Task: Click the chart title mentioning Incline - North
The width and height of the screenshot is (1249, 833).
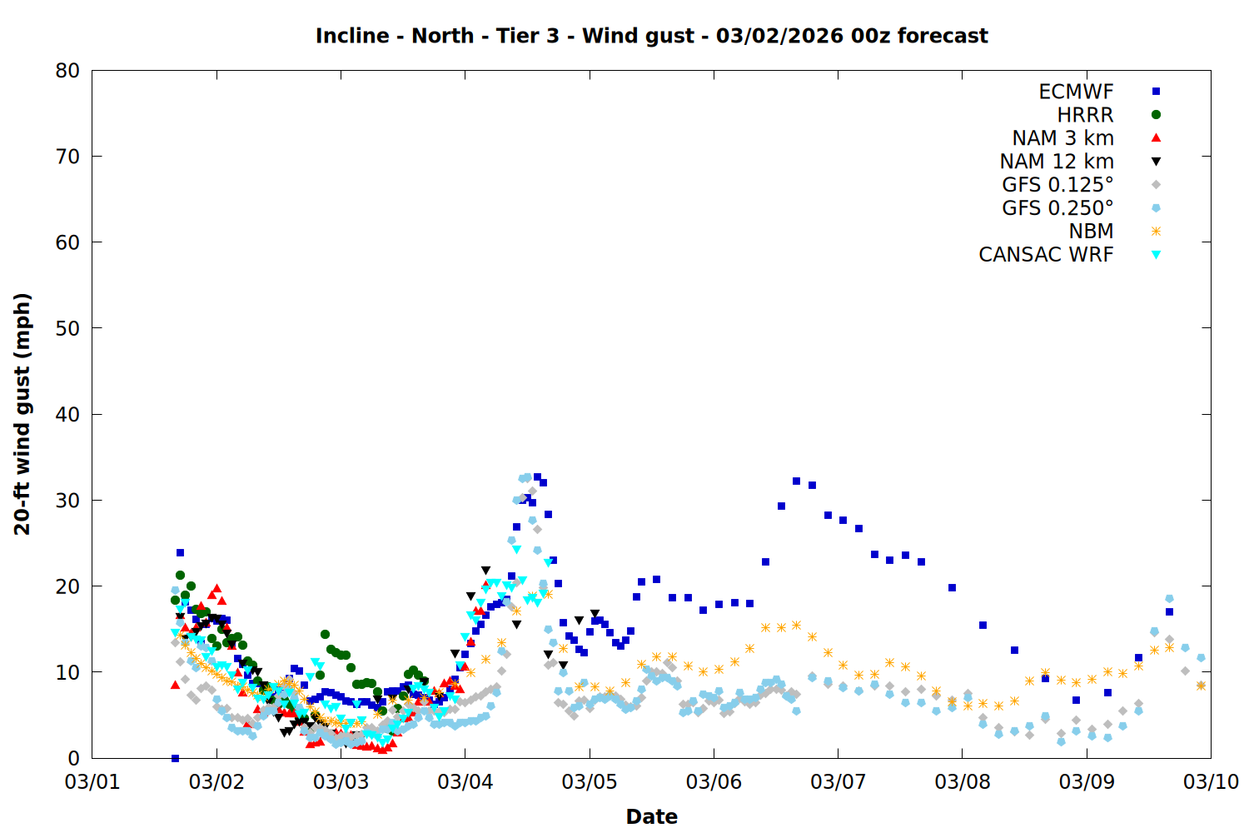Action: pos(651,36)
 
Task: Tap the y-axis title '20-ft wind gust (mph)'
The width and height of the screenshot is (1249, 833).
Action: pos(22,414)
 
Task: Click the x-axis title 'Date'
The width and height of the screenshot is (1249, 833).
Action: pos(651,816)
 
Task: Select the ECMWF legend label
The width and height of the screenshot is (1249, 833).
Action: pos(1076,92)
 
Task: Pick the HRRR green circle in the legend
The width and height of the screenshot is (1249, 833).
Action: pos(1156,115)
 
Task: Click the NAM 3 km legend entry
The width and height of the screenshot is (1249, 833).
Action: pos(1062,138)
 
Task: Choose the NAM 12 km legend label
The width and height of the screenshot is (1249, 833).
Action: pos(1057,162)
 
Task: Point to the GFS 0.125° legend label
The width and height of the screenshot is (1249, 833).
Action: pos(1057,185)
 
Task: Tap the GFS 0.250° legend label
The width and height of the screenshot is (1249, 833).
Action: pos(1057,208)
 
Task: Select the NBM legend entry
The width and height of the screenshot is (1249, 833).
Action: pos(1091,232)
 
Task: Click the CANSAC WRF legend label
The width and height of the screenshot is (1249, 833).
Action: pos(1046,255)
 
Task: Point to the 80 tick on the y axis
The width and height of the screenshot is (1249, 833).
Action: pos(67,71)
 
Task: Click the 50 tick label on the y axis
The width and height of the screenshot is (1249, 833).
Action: pos(67,328)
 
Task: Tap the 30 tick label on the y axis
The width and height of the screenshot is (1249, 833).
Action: pos(67,500)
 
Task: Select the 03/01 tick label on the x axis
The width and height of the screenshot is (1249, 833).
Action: pos(92,782)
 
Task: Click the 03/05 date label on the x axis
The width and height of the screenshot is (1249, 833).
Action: pos(590,782)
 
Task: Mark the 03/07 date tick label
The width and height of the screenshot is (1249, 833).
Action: pos(838,782)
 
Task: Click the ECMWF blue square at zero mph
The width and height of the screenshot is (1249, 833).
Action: pos(175,758)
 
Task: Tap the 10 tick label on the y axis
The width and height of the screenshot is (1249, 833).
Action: pos(67,672)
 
